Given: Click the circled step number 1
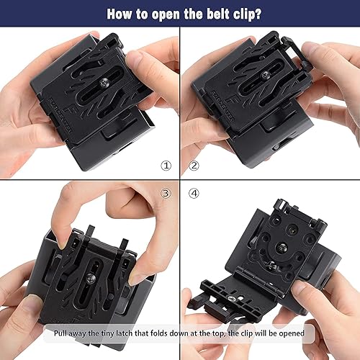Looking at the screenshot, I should point(166,166).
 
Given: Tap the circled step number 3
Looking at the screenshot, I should point(166,194).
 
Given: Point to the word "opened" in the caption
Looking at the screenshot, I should point(289,333).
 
